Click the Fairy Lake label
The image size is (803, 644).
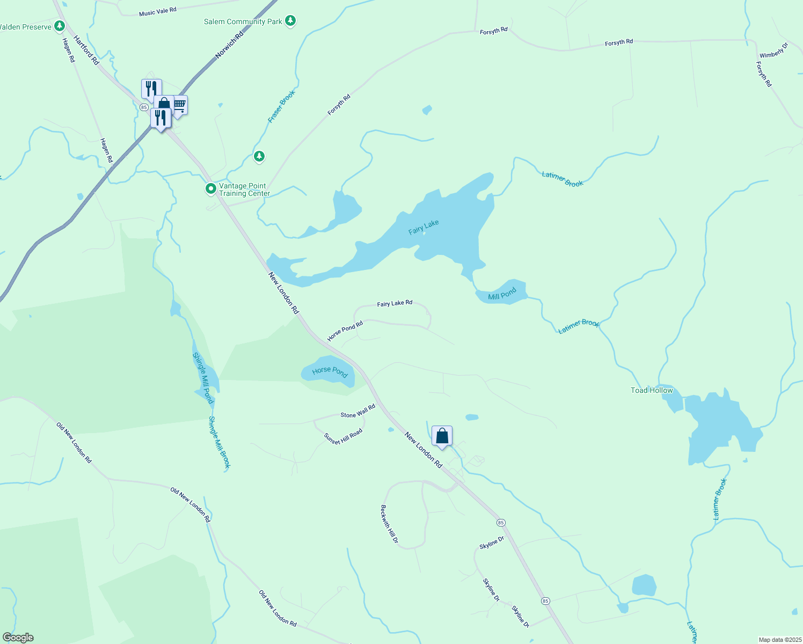(x=424, y=227)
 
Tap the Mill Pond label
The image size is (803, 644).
(x=502, y=294)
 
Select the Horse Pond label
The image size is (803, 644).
(x=330, y=371)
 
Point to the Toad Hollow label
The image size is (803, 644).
(x=652, y=390)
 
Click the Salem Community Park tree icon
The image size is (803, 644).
(x=290, y=21)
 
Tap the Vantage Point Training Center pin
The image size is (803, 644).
(x=211, y=189)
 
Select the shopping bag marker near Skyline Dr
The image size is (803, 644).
(x=442, y=436)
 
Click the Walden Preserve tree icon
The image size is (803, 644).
(x=60, y=26)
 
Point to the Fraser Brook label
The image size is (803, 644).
(x=282, y=106)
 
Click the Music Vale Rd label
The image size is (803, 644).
(x=158, y=11)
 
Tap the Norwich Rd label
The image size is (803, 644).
(x=229, y=45)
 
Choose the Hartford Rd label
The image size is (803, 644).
(x=86, y=50)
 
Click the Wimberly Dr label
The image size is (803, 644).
(x=773, y=50)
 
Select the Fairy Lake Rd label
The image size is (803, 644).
(x=395, y=303)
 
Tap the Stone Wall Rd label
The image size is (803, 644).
(x=358, y=412)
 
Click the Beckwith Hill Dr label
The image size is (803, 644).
(x=389, y=524)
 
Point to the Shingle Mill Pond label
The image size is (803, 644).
(x=203, y=378)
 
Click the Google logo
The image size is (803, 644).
(x=18, y=638)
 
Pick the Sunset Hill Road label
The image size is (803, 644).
(x=343, y=436)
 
